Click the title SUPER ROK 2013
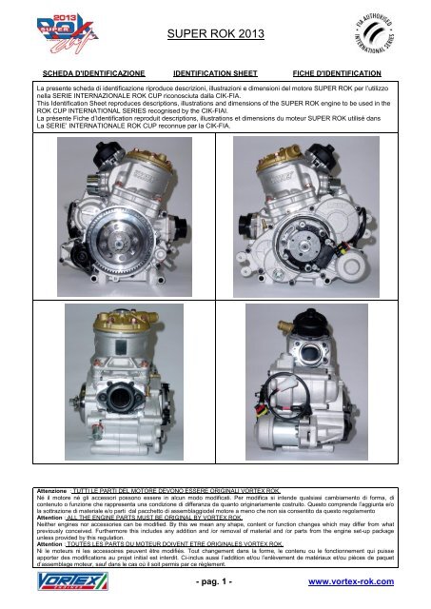[215, 34]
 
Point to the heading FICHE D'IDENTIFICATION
[337, 72]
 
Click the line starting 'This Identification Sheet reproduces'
[215, 105]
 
